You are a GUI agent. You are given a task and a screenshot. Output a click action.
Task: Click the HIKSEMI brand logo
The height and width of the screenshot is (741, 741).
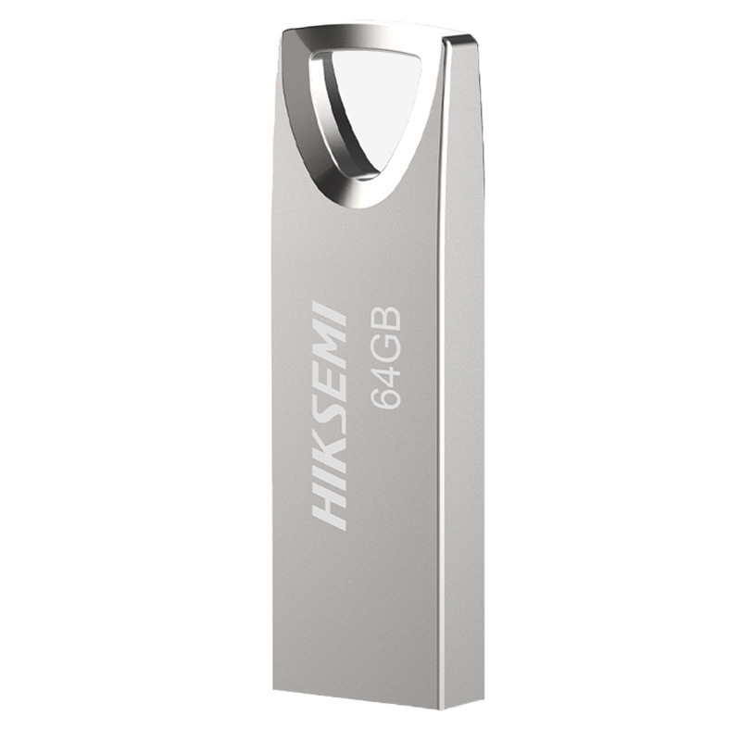(x=330, y=415)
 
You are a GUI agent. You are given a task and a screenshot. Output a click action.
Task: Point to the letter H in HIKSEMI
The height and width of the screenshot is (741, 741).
(x=332, y=507)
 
